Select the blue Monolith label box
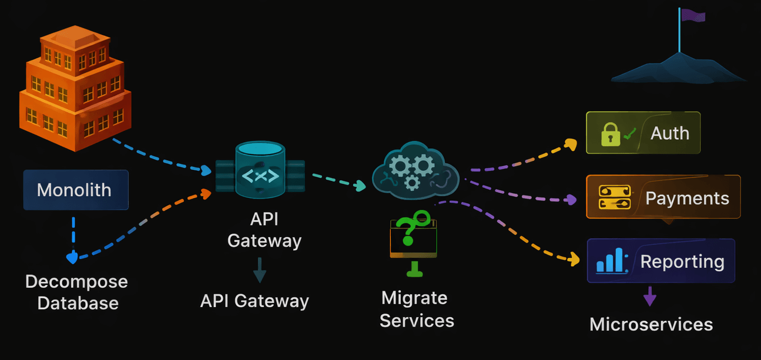(x=75, y=190)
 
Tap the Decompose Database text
(x=76, y=292)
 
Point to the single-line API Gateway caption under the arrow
(x=254, y=301)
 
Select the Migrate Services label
(x=416, y=309)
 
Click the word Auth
(x=669, y=133)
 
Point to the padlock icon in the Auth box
(x=610, y=134)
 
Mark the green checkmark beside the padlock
(x=630, y=134)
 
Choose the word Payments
(x=687, y=198)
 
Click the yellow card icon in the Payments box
(x=614, y=197)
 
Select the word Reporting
(x=682, y=261)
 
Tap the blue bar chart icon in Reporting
(x=611, y=260)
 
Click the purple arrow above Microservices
(x=649, y=297)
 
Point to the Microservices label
(x=651, y=324)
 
